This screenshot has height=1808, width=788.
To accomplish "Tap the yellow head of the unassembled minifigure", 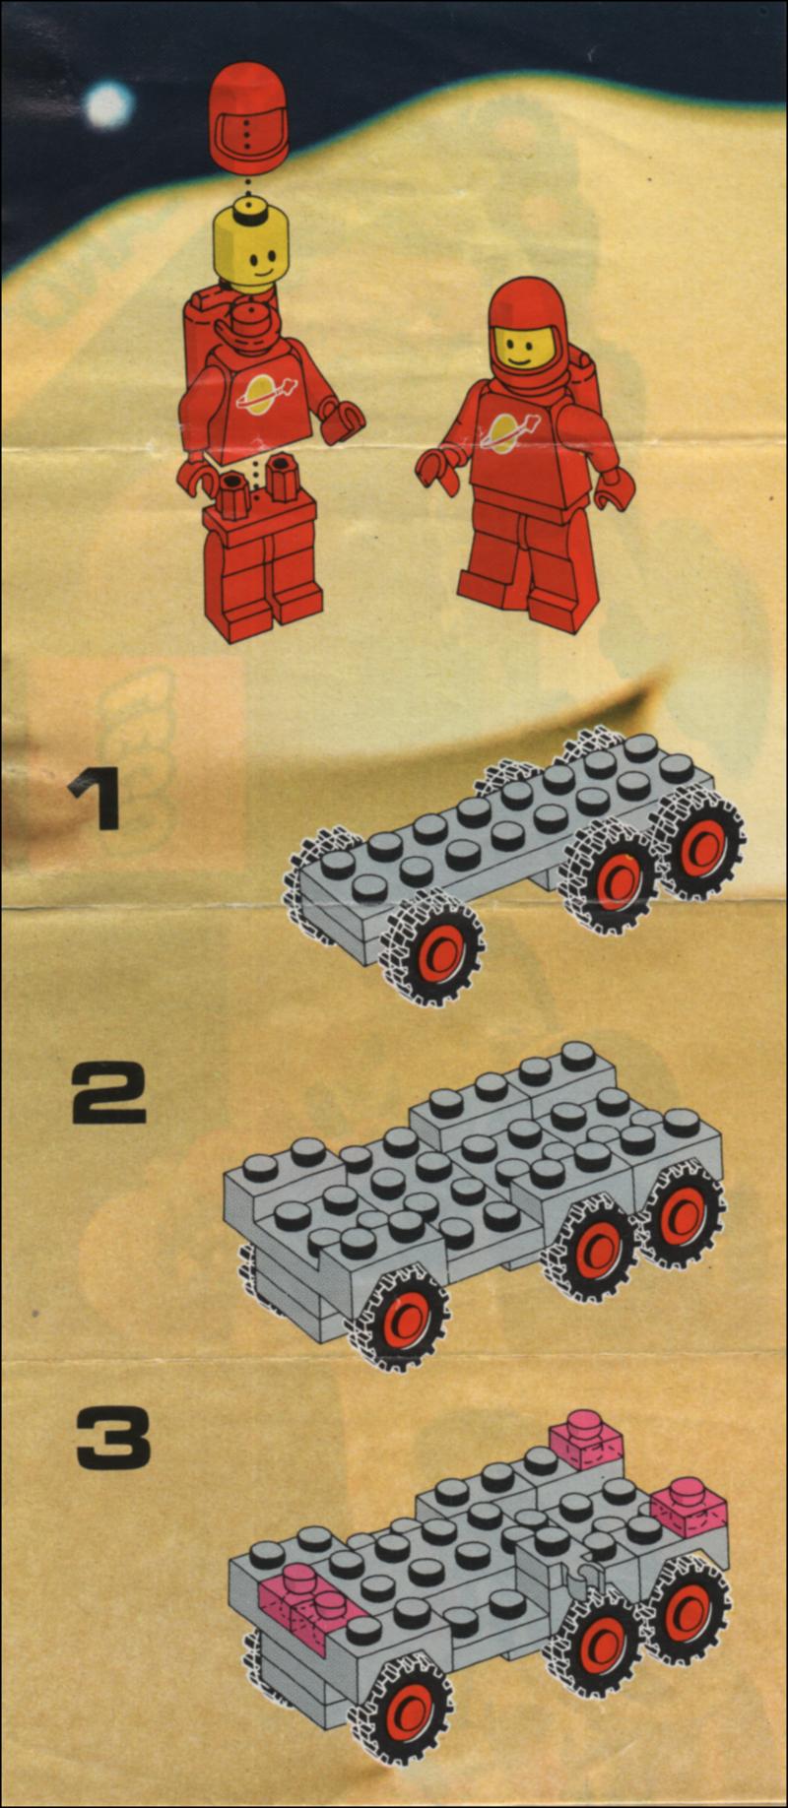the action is point(250,243).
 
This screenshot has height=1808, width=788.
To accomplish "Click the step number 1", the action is point(95,800).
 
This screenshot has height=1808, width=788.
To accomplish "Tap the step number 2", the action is point(108,1094).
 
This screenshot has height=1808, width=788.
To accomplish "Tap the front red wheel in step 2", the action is point(403,1315).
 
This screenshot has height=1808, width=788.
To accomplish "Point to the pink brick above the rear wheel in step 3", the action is point(689,1507).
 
